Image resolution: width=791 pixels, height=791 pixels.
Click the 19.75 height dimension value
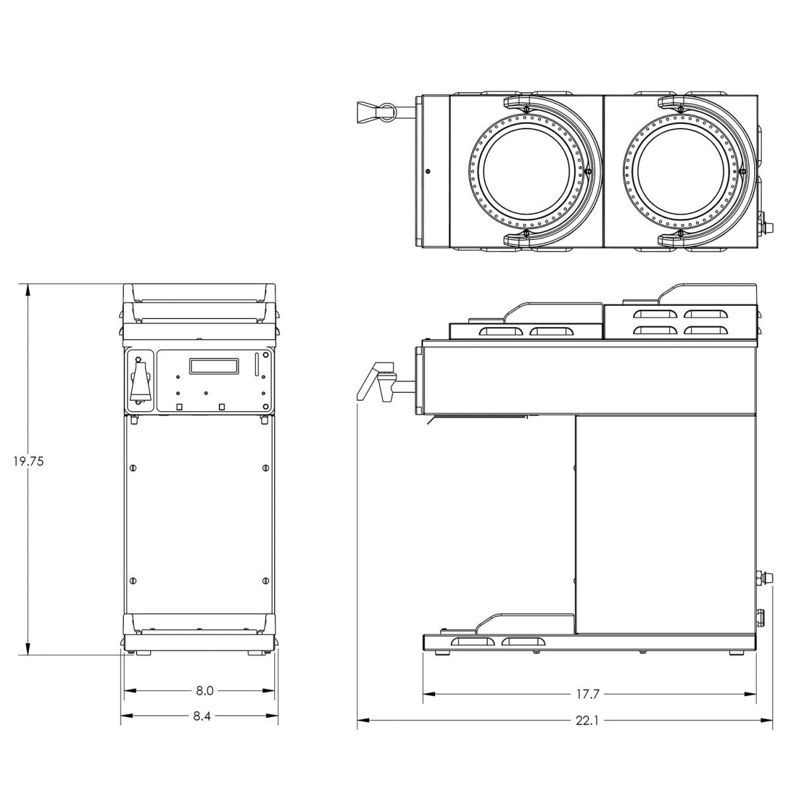point(28,461)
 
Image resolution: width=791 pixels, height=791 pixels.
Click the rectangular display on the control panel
point(214,366)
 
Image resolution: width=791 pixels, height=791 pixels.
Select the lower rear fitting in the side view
point(760,618)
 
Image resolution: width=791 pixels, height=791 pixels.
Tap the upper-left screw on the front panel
point(134,468)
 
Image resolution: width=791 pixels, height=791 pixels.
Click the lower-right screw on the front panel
point(265,581)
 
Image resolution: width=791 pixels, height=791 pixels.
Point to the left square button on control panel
point(179,407)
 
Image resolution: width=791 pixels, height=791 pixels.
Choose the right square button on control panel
point(222,407)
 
